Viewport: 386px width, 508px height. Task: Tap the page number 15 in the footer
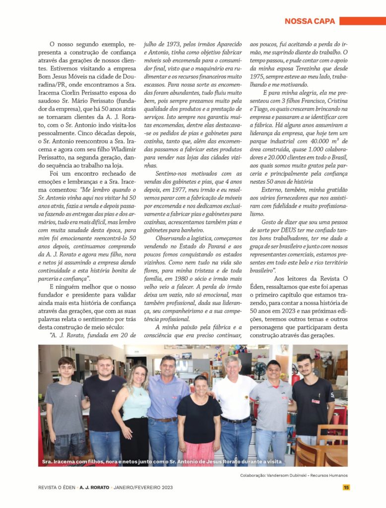point(346,487)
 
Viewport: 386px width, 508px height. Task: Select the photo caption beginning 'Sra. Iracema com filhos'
point(161,461)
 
